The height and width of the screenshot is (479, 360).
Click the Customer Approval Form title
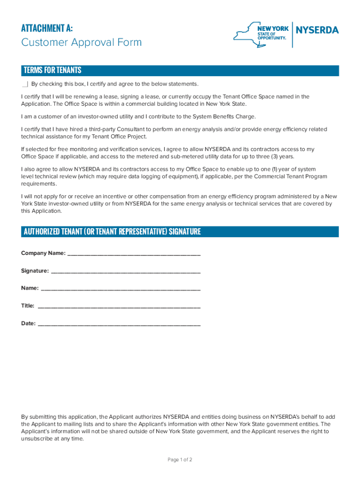point(81,43)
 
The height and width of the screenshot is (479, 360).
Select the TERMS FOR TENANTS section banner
point(180,71)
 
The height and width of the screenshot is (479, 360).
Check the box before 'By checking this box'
point(25,84)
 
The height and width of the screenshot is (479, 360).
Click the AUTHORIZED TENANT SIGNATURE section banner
point(180,232)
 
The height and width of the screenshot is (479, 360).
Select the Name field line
point(121,289)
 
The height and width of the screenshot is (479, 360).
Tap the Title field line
point(119,306)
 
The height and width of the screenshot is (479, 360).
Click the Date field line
point(119,324)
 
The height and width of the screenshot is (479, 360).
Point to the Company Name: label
point(43,253)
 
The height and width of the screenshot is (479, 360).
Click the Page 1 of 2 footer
point(180,460)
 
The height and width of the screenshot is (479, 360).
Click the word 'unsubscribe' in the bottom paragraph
point(38,439)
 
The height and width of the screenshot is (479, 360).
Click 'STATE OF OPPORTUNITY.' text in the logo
point(271,36)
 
